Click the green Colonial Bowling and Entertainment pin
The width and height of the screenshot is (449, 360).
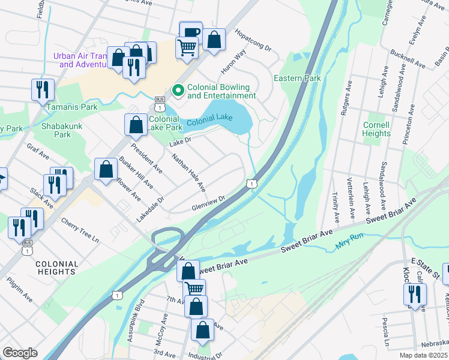pos(178,91)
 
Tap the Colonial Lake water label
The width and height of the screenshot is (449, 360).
pos(208,122)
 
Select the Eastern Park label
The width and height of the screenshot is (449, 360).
pos(297,78)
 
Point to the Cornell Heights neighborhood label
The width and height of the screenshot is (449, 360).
pos(376,129)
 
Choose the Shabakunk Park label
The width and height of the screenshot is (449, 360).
pos(56,131)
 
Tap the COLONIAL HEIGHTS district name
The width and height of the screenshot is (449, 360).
pos(56,268)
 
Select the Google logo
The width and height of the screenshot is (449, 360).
pos(20,353)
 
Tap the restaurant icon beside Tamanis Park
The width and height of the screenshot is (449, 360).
pos(43,89)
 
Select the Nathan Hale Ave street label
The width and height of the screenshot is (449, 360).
pos(188,171)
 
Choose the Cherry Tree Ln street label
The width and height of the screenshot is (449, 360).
pos(80,230)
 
